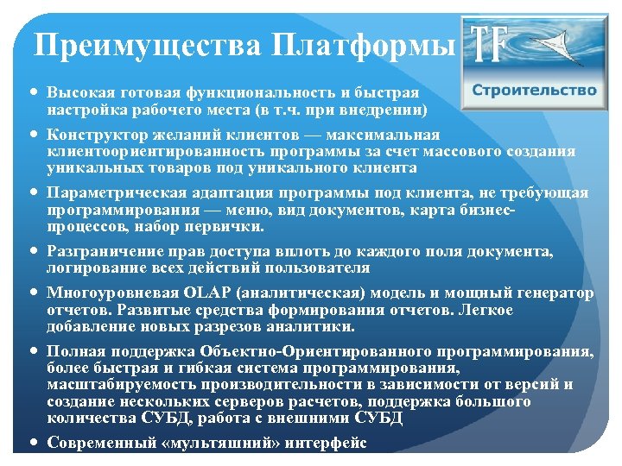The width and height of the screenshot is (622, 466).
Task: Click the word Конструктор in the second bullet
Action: (94, 135)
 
